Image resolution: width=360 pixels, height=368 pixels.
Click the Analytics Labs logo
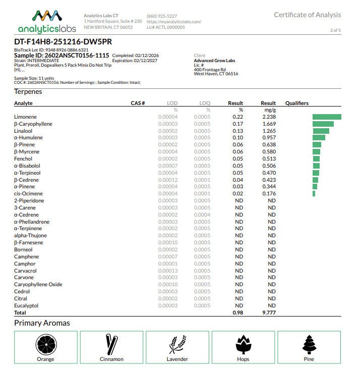pos(47,22)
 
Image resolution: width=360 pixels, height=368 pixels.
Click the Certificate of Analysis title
pos(307,15)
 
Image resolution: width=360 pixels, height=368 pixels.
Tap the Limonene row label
pos(25,117)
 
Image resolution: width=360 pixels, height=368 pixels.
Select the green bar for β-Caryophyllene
pos(323,124)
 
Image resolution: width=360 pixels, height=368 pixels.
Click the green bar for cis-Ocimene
pos(314,193)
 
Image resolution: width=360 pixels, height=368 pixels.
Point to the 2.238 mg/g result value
pos(269,117)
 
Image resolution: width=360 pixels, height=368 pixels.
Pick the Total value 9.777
pos(269,313)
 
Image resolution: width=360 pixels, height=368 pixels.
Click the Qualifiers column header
pos(296,103)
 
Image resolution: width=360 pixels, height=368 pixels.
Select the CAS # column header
pos(138,103)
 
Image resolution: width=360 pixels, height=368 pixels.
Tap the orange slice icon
pos(45,345)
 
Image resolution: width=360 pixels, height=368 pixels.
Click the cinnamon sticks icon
pos(111,345)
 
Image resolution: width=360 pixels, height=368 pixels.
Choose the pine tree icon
pos(309,345)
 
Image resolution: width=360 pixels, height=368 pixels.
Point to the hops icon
pos(243,345)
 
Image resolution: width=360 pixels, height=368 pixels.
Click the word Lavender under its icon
pos(177,359)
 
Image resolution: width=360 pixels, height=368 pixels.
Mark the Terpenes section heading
pos(28,92)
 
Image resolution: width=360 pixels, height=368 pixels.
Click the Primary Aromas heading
pos(42,323)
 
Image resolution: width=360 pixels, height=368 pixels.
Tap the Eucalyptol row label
pos(26,305)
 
